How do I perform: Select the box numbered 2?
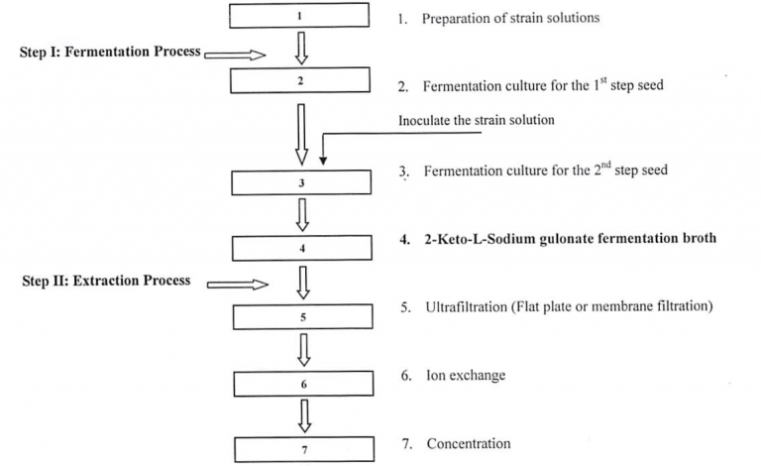click(x=301, y=80)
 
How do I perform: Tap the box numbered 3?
click(x=301, y=183)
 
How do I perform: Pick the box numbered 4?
click(x=301, y=247)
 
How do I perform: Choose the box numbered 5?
click(x=301, y=317)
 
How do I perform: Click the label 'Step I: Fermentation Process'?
click(x=110, y=52)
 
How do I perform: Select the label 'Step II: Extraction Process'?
click(x=106, y=281)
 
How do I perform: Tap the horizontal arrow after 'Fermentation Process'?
click(x=236, y=56)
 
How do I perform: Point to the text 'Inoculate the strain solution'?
click(x=477, y=120)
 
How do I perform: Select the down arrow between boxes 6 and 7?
click(x=304, y=414)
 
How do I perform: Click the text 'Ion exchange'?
click(x=466, y=376)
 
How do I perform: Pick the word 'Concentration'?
click(x=469, y=443)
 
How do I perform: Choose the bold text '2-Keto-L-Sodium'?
click(x=475, y=239)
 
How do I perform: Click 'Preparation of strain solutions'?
click(x=510, y=18)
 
